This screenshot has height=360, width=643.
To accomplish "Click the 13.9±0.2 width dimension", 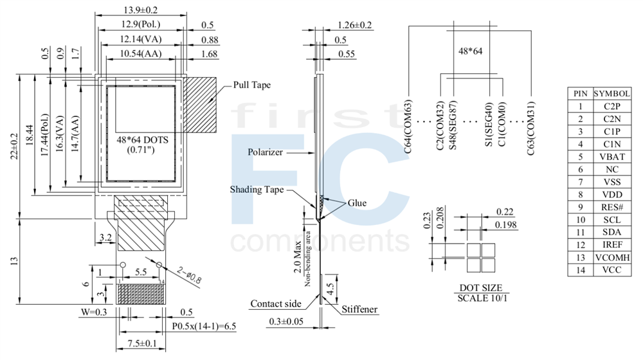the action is [140, 10].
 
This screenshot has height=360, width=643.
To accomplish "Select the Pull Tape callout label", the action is [252, 85].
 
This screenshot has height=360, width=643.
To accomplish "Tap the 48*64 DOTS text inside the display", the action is [142, 139].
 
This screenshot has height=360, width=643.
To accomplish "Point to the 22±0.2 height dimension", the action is [15, 147].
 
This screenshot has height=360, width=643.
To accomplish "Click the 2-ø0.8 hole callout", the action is [190, 275].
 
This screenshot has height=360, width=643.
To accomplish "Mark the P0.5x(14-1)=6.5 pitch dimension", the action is [204, 327].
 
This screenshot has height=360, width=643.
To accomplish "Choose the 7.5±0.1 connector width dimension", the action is [142, 343].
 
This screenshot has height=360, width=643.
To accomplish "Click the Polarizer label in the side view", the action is [265, 152].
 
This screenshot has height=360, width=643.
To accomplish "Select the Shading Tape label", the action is [257, 190].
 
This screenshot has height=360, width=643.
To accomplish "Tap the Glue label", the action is [357, 203].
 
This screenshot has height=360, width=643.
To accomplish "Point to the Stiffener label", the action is [359, 309].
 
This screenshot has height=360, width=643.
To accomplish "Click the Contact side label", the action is [276, 304].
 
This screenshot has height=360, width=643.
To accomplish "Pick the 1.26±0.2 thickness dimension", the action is [355, 25].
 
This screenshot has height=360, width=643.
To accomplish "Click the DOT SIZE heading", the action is [480, 287].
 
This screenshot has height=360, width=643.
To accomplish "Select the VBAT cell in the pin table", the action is [612, 157].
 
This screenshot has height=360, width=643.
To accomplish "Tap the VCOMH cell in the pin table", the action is [612, 258].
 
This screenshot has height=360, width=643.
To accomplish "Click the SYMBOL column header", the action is [612, 93].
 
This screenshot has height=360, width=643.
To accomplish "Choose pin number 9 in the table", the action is [580, 207].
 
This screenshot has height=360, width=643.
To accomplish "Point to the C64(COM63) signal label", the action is [408, 127].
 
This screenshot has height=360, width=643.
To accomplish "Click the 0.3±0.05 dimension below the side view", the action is [286, 321].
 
